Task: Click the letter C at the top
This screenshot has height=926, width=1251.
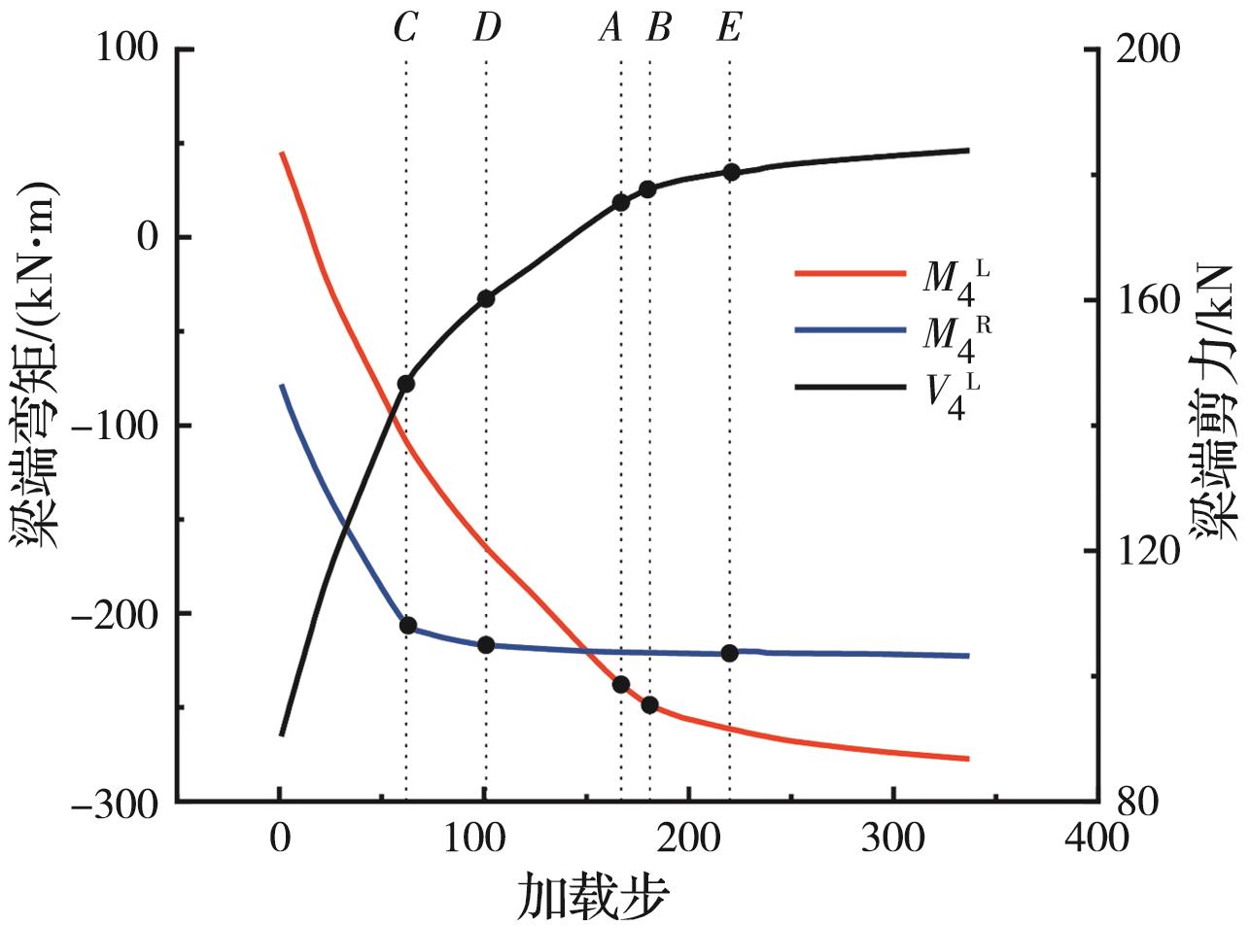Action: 405,29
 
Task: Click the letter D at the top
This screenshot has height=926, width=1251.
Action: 486,29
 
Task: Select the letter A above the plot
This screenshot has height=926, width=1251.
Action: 610,29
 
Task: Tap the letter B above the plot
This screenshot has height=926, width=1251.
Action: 658,29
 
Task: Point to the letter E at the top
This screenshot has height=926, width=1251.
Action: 729,29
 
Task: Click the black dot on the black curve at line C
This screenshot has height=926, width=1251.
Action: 406,384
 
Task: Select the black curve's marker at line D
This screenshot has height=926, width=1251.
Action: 486,298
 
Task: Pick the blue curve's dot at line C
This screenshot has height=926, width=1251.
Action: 408,625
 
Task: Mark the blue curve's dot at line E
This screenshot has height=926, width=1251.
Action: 730,653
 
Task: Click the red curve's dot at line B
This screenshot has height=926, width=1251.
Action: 649,704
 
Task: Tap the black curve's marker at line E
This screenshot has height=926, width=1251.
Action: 731,172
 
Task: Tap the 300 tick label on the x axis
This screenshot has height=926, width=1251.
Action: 892,838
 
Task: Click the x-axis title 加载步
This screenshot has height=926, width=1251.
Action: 592,897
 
